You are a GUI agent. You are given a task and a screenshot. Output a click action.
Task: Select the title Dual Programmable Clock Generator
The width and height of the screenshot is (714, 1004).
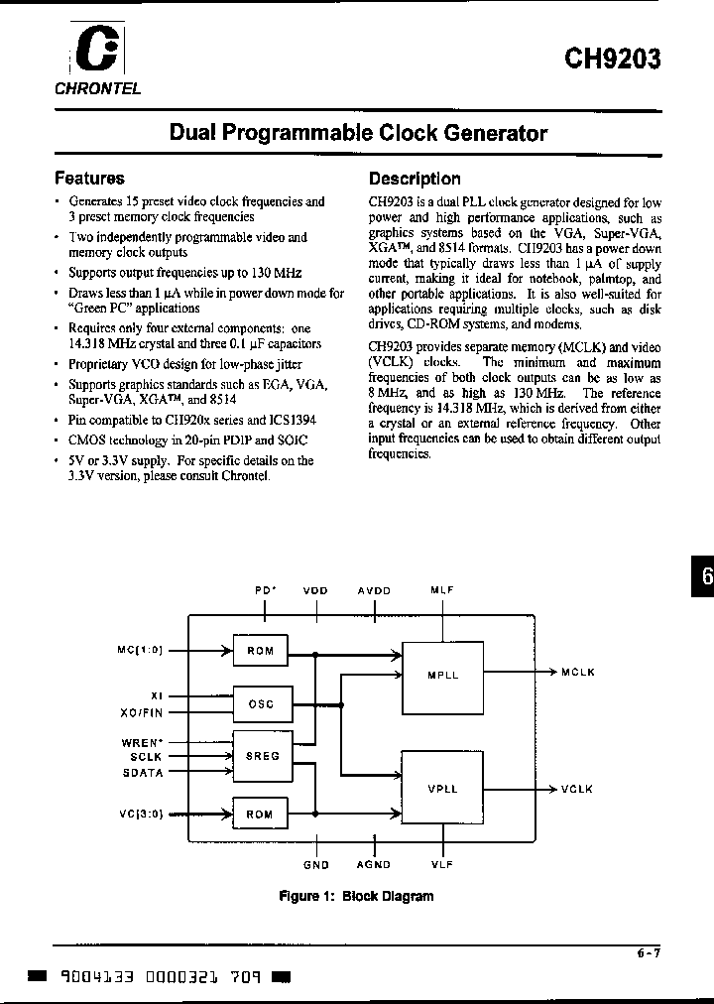pos(358,133)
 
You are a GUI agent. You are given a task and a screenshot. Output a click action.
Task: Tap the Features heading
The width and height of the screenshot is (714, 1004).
pos(89,179)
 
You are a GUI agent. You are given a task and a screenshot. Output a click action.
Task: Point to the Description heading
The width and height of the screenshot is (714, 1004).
pos(415,179)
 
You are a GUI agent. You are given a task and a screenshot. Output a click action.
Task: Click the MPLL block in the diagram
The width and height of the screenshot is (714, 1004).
pos(442,676)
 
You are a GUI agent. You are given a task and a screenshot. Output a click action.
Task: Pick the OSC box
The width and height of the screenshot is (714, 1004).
pos(260,704)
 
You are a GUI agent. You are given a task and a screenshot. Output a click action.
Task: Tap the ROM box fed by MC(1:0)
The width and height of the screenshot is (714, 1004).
pos(260,652)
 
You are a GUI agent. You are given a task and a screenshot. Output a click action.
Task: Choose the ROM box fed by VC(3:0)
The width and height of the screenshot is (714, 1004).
pos(260,815)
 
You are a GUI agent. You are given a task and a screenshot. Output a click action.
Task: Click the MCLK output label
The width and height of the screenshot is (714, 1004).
pos(577,673)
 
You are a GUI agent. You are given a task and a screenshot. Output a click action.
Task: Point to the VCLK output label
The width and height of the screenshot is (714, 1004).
pos(576,789)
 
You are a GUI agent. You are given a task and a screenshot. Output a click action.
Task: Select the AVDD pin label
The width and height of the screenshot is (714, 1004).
pos(374,590)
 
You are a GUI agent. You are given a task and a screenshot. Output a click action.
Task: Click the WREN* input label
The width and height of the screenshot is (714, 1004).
pos(144,741)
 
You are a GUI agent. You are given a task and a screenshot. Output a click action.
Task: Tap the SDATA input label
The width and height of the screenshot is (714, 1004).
pos(144,771)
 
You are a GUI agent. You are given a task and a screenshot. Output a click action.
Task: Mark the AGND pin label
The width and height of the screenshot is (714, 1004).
pos(374,865)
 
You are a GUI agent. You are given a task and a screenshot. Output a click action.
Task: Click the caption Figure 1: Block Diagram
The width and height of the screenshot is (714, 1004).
pos(356,896)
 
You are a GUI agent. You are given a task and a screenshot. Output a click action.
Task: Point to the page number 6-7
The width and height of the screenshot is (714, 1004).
pos(649,954)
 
